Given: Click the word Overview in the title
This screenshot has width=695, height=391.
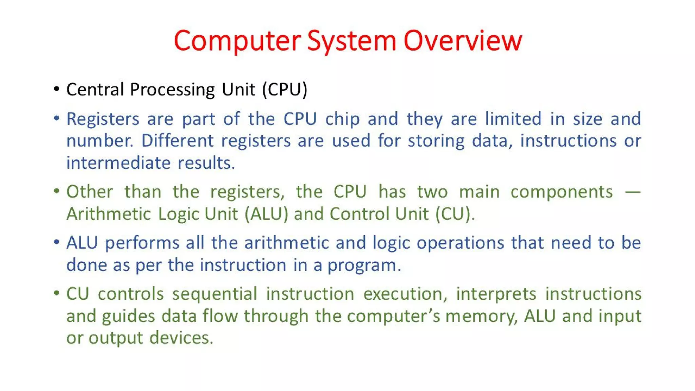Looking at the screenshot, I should (x=463, y=41).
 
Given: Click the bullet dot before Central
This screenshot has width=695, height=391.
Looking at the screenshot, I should (x=57, y=89).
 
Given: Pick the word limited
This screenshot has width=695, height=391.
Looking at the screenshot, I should (x=513, y=119).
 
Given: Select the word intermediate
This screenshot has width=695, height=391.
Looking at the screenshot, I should (x=118, y=163).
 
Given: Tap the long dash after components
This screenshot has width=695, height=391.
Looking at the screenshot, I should (x=633, y=192).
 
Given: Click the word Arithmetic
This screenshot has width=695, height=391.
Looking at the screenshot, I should (x=109, y=214).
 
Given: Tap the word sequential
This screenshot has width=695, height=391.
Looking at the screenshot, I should (x=214, y=294).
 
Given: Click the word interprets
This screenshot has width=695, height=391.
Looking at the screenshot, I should (x=496, y=294).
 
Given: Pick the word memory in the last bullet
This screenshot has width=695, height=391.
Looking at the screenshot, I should (x=481, y=316).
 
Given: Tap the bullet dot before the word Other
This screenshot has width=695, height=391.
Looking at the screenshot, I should (x=57, y=191).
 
